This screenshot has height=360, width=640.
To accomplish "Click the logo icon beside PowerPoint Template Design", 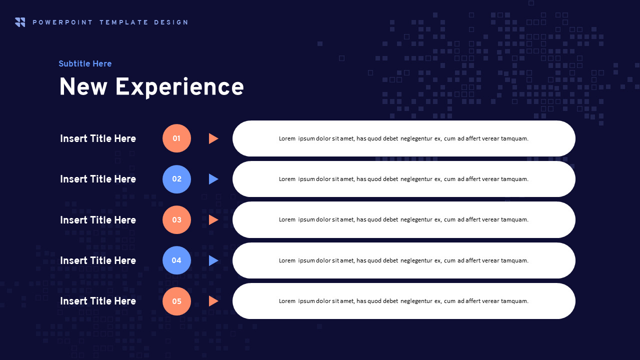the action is (x=20, y=22).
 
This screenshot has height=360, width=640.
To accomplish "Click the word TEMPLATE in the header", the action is (x=123, y=22).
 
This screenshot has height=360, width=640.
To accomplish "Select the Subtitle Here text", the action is (x=85, y=63).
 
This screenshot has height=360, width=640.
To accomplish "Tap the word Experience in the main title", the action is (x=179, y=87).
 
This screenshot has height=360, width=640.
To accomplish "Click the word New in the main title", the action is (x=83, y=87).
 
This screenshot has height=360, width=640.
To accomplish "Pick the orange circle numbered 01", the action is (x=176, y=138).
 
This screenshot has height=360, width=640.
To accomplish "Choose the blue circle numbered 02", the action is (x=176, y=179).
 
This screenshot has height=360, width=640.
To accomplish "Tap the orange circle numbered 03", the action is (x=176, y=219).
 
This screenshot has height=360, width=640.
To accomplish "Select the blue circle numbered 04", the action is (x=176, y=260).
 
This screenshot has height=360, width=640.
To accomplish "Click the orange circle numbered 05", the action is (x=176, y=301).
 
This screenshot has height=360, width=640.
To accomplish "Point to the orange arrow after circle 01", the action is (x=213, y=138).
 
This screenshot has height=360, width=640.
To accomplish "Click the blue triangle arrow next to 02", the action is (x=213, y=179).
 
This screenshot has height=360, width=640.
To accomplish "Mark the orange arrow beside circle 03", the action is (x=213, y=220).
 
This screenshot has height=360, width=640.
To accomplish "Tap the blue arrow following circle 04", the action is (x=213, y=260).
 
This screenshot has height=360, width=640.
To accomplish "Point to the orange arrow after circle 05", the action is (x=213, y=301).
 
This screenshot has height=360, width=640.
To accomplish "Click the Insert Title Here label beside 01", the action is (x=98, y=138).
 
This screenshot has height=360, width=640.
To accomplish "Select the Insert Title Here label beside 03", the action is (x=98, y=220).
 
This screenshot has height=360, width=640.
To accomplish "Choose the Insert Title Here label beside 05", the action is (x=98, y=301).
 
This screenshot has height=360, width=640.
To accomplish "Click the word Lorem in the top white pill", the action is (x=287, y=138).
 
